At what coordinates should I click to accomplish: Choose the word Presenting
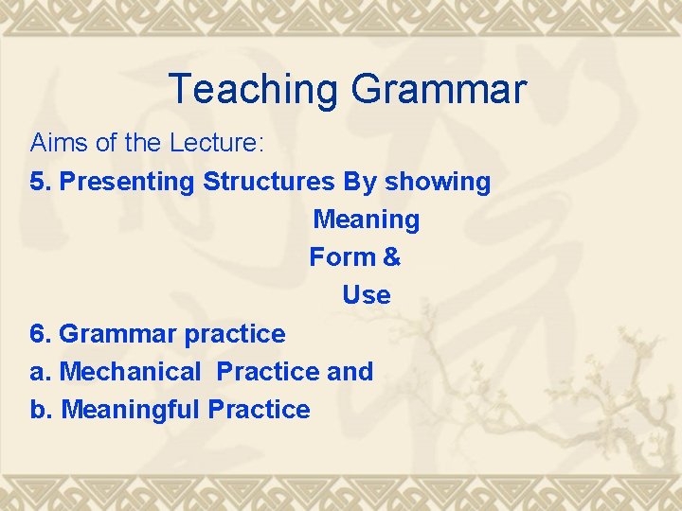[128, 182]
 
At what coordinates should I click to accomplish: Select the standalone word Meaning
[366, 220]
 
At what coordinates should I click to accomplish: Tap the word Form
[340, 257]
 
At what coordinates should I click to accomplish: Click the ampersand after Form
[390, 257]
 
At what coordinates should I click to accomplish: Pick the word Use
[366, 295]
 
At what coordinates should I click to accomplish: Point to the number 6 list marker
[37, 334]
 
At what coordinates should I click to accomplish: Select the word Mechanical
[130, 372]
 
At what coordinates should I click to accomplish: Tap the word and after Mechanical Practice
[350, 372]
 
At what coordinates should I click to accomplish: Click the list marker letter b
[38, 410]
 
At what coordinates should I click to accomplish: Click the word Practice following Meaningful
[259, 410]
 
